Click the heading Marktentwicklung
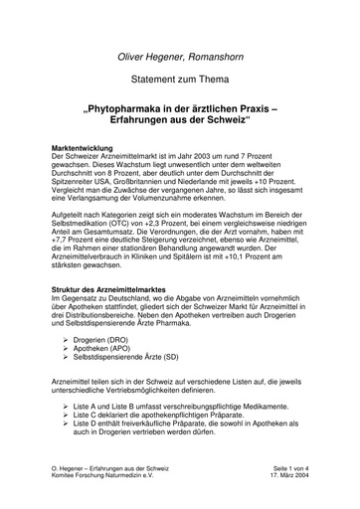point(88,148)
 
